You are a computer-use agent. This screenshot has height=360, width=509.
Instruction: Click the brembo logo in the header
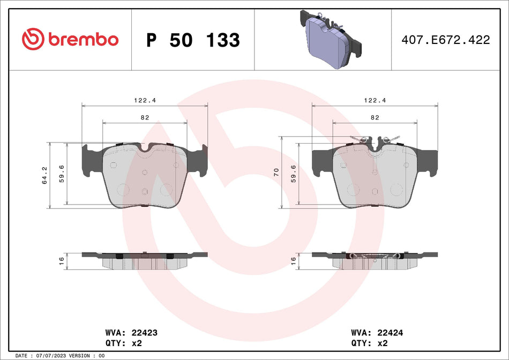[70, 39]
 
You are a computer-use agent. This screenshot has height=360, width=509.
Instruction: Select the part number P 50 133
[193, 40]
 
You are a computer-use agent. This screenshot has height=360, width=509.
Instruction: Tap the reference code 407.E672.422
[445, 40]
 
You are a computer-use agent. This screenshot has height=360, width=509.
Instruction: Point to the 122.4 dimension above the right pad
[375, 100]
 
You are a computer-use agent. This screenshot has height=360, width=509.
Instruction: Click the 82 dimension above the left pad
[144, 117]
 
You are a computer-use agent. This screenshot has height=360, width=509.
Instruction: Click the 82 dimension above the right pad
[375, 117]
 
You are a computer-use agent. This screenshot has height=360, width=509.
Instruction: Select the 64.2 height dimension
[44, 175]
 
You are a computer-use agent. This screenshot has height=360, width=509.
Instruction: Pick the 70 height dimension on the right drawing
[276, 172]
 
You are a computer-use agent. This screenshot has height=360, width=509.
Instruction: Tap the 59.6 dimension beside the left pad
[62, 174]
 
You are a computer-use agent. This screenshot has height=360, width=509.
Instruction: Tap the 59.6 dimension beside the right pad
[293, 174]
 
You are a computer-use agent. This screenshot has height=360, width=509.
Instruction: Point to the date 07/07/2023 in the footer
[52, 356]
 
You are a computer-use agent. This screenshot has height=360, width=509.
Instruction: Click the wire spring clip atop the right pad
[375, 140]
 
